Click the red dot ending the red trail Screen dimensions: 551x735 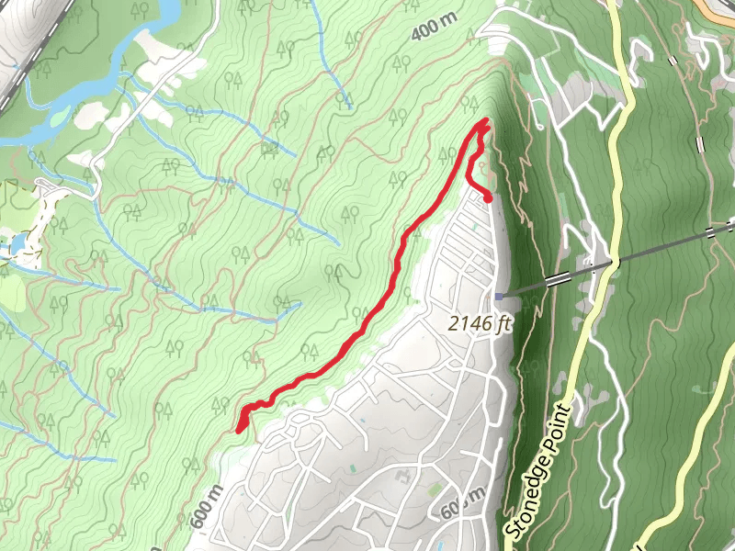[488, 197]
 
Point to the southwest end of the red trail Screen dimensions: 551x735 [240, 429]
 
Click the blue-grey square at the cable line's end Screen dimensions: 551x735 [498, 296]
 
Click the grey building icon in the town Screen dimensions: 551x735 [402, 477]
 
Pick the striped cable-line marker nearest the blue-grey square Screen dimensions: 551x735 [555, 278]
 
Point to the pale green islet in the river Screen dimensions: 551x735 [61, 118]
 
